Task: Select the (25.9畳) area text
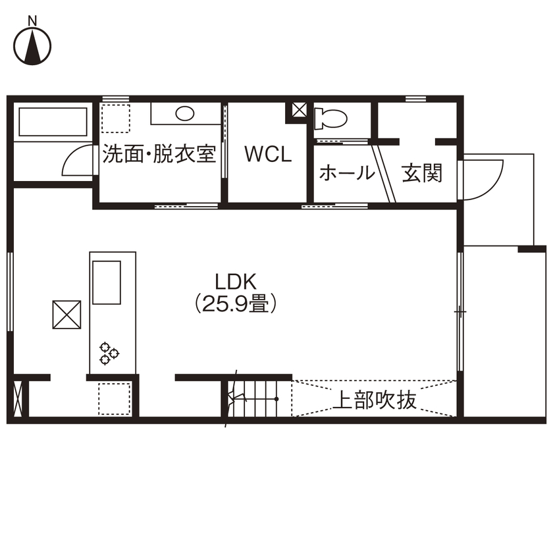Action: [x=234, y=304]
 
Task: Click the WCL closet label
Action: [x=267, y=155]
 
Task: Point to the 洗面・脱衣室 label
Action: [x=159, y=155]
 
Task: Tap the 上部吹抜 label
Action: [x=377, y=400]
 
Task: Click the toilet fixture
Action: [x=330, y=119]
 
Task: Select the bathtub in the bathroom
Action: [x=53, y=122]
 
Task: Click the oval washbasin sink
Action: [x=185, y=114]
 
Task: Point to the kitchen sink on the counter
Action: [x=107, y=282]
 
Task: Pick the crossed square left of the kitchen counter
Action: [x=66, y=314]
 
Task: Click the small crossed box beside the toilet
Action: [x=299, y=110]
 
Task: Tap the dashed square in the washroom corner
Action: [x=116, y=118]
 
